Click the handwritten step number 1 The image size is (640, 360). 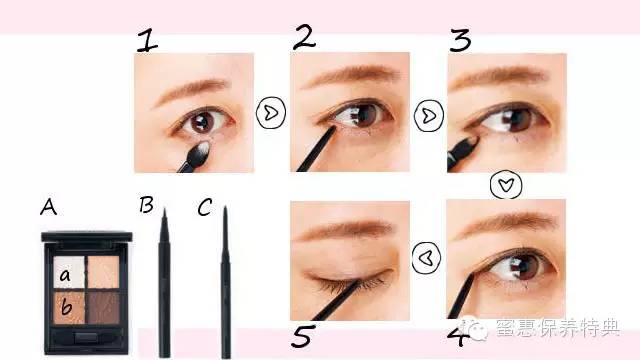(x=147, y=41)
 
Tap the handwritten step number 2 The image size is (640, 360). (x=304, y=38)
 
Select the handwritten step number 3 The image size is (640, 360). (x=460, y=40)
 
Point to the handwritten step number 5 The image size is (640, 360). (x=303, y=336)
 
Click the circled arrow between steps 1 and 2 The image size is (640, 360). (x=271, y=113)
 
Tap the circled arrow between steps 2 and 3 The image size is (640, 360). (x=429, y=116)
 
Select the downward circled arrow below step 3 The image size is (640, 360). (x=506, y=185)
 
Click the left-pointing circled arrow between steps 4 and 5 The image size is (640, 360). (x=426, y=258)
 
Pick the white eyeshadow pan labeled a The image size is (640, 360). (x=69, y=272)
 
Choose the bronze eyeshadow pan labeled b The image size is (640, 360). (x=69, y=308)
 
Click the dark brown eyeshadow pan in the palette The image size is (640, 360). (x=104, y=308)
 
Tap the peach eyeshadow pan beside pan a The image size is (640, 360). (x=104, y=272)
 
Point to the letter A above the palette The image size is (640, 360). (x=48, y=207)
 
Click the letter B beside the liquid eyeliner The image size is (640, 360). (x=146, y=205)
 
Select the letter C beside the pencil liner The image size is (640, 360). (x=204, y=207)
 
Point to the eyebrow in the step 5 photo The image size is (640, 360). (x=345, y=230)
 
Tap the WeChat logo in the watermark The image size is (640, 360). (x=476, y=329)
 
